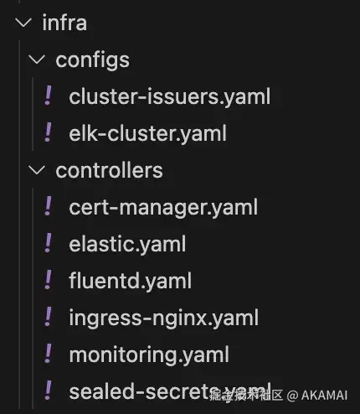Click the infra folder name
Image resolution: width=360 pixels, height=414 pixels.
[64, 23]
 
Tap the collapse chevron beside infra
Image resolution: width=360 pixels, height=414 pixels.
[23, 23]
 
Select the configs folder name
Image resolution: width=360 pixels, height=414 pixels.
[92, 60]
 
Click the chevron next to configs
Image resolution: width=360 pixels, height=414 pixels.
[37, 60]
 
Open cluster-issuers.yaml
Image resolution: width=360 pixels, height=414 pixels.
[169, 96]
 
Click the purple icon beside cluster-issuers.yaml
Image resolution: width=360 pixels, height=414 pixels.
[48, 96]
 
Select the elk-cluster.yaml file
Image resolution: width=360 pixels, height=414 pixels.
[147, 133]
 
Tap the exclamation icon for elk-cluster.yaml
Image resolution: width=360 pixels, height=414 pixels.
[48, 132]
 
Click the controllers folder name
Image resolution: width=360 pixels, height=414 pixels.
[109, 170]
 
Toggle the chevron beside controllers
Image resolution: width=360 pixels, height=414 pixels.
[37, 170]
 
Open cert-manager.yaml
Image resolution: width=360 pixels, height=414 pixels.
[163, 207]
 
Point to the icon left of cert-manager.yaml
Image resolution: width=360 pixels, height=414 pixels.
[48, 206]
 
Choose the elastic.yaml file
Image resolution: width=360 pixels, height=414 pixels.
[127, 244]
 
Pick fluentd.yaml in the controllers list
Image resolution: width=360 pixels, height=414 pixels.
[131, 281]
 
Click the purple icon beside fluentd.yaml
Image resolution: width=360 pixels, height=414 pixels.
[48, 279]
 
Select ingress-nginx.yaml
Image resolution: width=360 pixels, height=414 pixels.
[164, 318]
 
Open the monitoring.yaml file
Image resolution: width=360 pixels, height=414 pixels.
[149, 354]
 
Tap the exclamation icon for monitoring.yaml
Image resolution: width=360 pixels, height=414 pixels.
[48, 353]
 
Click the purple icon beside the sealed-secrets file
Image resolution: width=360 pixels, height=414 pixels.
[48, 390]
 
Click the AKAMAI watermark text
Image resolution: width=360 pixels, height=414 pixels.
[324, 396]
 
